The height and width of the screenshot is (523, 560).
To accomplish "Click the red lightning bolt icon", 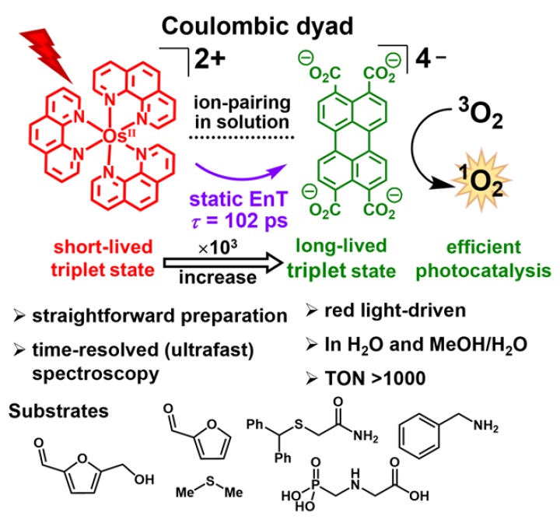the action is click(47, 54).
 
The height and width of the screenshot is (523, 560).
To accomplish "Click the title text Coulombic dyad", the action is click(257, 26).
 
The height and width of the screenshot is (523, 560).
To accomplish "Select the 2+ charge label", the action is click(210, 59).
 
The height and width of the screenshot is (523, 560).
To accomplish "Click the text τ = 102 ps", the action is click(240, 220).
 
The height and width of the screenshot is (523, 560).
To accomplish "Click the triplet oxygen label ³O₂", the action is click(481, 114).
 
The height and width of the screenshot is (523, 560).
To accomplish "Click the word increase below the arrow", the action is click(218, 278).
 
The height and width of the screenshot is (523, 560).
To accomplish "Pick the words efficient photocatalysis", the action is click(484, 259).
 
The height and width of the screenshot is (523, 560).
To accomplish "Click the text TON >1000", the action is click(375, 378).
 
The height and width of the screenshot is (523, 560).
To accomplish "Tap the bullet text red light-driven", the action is click(395, 311).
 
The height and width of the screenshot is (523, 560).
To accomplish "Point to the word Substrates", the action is click(58, 411).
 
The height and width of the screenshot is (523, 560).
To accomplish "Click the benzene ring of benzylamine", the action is click(418, 436).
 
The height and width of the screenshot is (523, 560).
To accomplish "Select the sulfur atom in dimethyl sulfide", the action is click(210, 481).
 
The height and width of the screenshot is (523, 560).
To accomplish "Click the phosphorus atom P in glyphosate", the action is click(315, 484).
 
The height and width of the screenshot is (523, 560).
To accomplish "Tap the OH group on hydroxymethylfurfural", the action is click(144, 479).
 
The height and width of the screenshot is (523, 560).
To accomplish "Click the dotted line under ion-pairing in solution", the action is click(241, 137).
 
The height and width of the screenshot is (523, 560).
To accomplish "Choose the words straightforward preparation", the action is click(159, 316).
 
